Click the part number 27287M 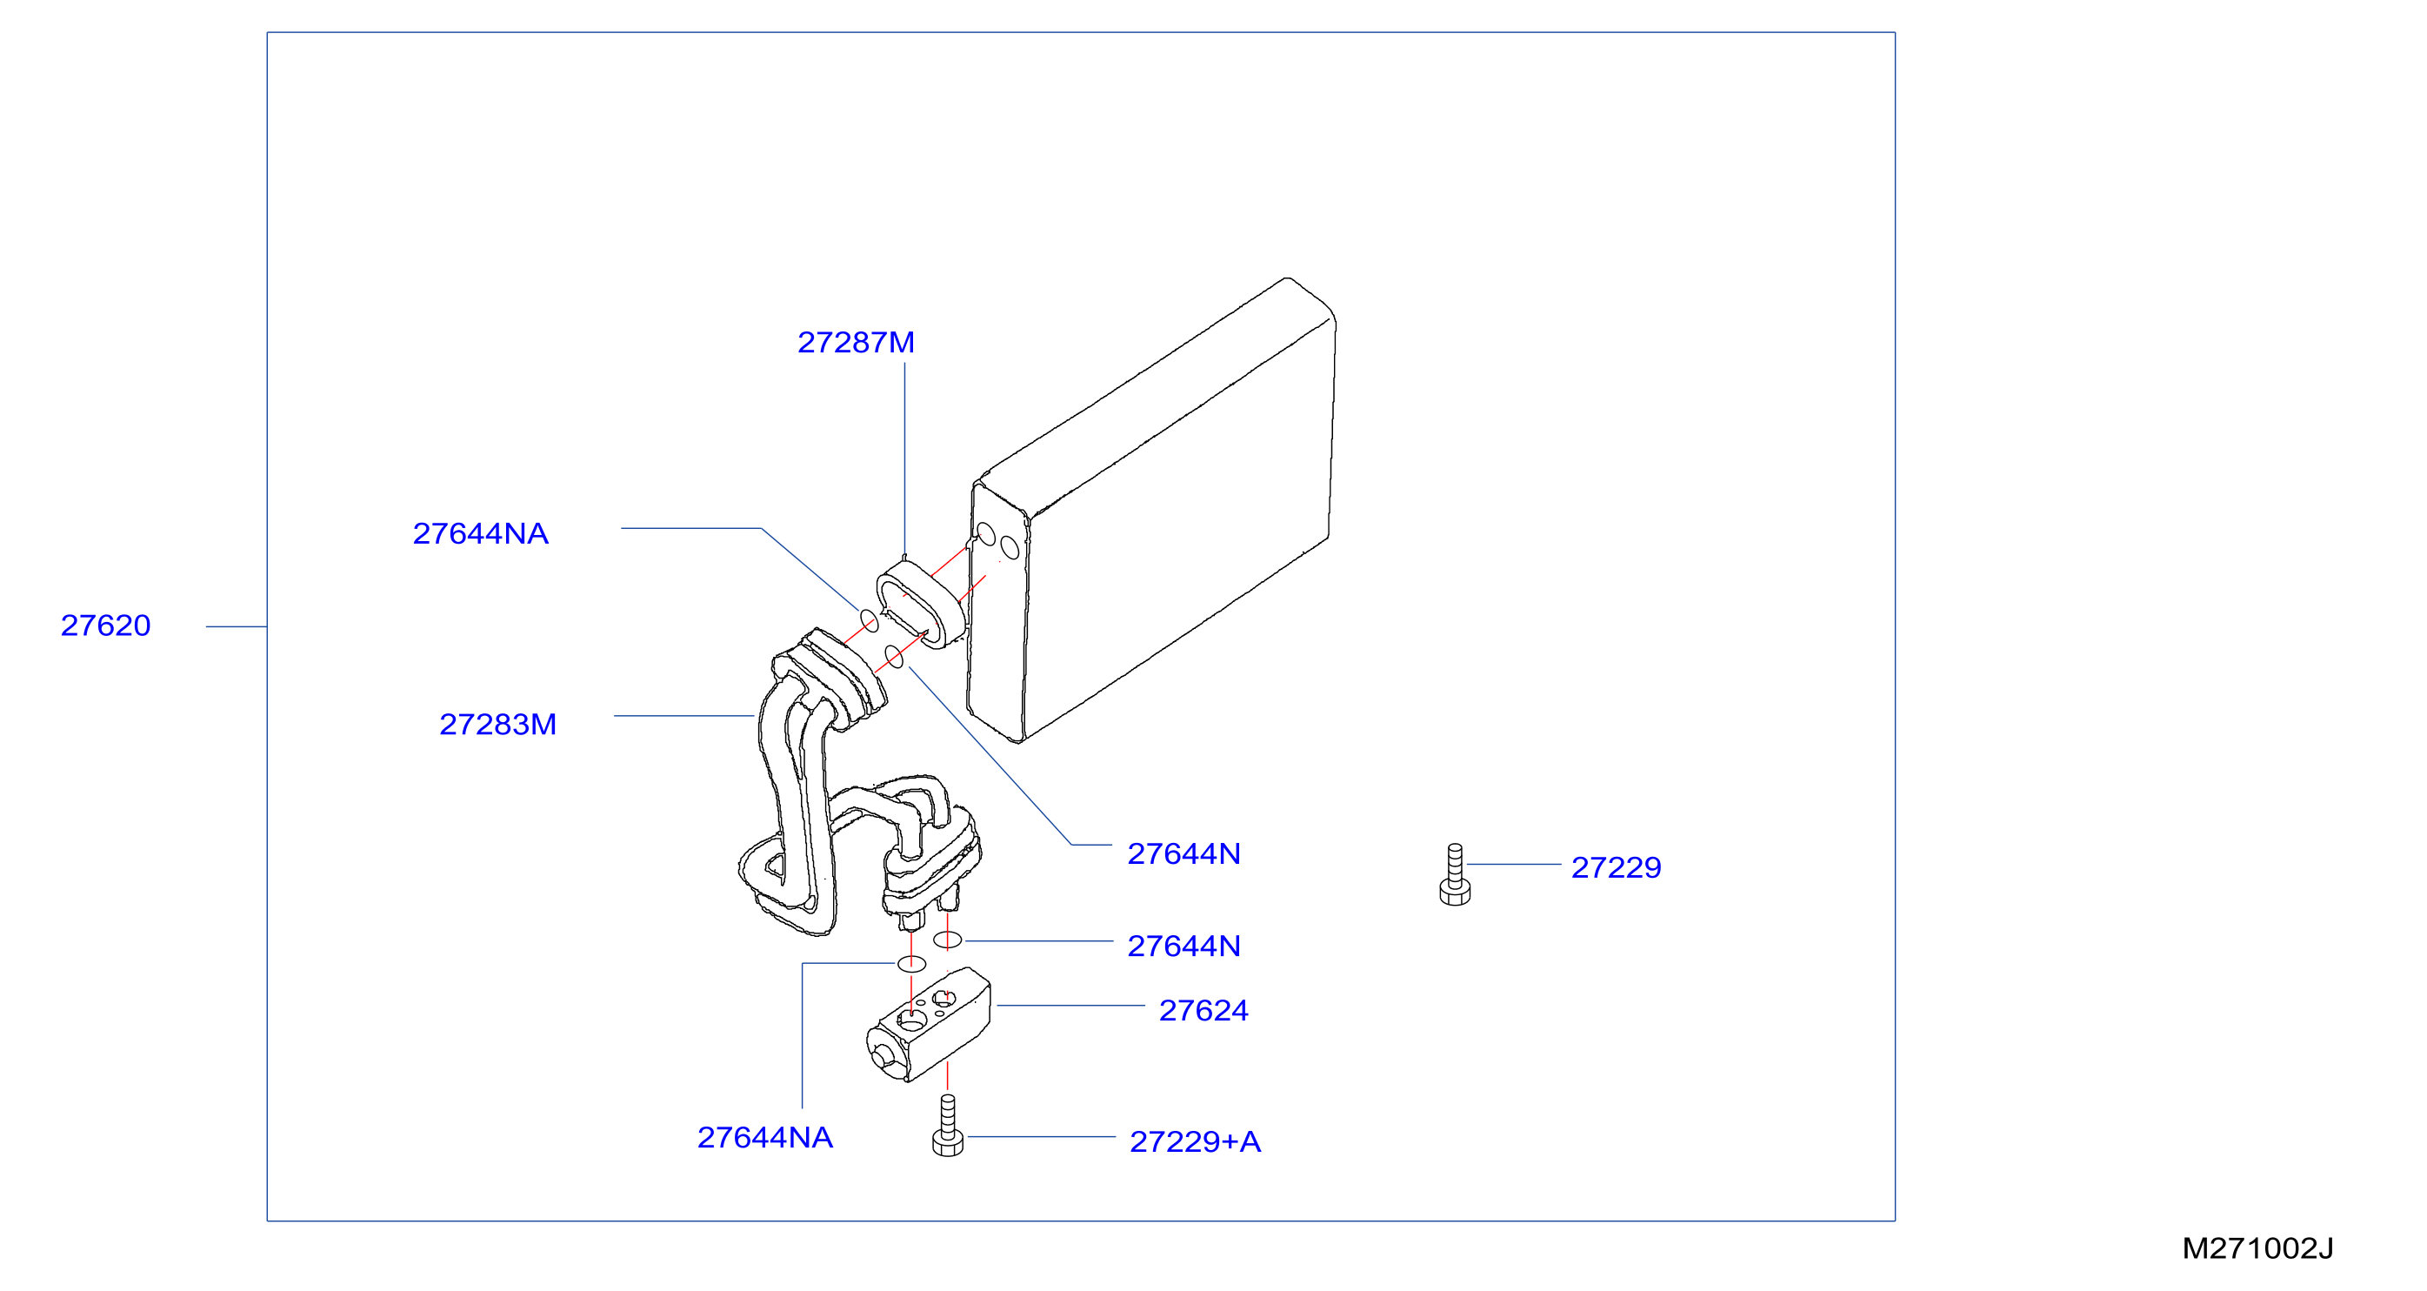856,342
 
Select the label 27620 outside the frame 105,625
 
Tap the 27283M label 497,725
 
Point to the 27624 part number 1203,1010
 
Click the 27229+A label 1195,1141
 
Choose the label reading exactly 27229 1616,867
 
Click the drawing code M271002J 2257,1248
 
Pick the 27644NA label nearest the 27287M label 481,533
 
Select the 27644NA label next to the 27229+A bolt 765,1137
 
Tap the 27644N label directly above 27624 1183,947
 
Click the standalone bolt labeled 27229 1455,874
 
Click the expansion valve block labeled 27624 928,1026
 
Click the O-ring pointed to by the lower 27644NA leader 911,963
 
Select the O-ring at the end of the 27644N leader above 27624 947,940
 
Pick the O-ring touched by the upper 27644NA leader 869,620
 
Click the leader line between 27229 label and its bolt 1514,864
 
